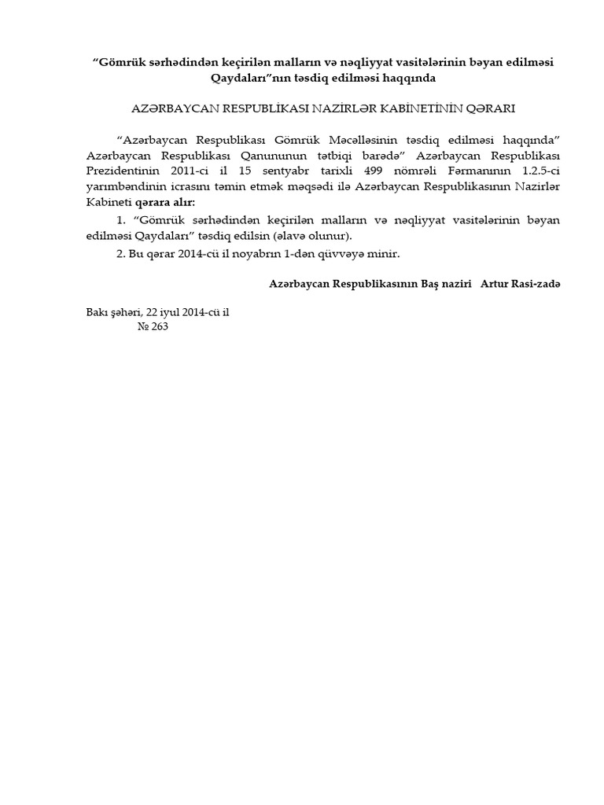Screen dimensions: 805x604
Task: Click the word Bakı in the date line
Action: (x=98, y=312)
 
